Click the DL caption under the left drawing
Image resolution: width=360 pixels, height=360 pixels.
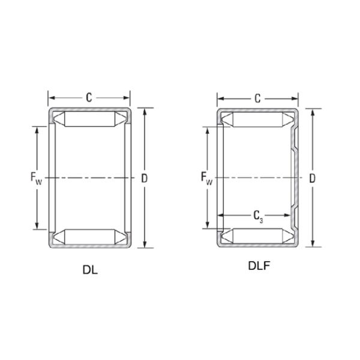(x=90, y=269)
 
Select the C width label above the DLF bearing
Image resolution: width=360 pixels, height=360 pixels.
(x=257, y=97)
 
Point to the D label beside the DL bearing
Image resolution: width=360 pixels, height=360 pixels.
(x=144, y=178)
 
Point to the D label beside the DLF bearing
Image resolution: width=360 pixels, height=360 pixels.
(x=312, y=178)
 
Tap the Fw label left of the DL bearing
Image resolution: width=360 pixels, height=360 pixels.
(x=35, y=178)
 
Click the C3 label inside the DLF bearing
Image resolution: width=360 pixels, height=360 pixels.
(x=258, y=215)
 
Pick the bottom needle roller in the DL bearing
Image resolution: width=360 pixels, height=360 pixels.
(x=89, y=237)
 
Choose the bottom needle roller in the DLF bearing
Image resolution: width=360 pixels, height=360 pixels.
(x=257, y=236)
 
